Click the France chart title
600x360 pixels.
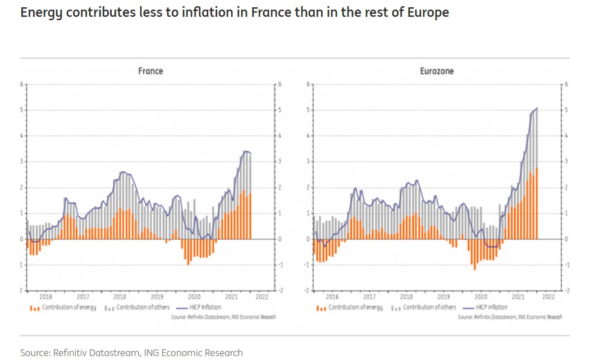point(150,71)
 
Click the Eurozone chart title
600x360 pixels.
point(437,71)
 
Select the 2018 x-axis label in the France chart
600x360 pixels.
point(120,297)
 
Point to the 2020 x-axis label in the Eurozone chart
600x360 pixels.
point(480,297)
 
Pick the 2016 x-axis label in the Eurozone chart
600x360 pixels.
point(332,297)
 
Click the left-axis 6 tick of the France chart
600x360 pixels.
point(22,85)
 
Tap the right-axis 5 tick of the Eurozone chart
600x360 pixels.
point(566,110)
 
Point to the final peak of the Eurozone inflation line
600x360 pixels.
point(537,108)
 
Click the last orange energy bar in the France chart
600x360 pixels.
point(250,216)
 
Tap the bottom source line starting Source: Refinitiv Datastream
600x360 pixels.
point(131,353)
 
